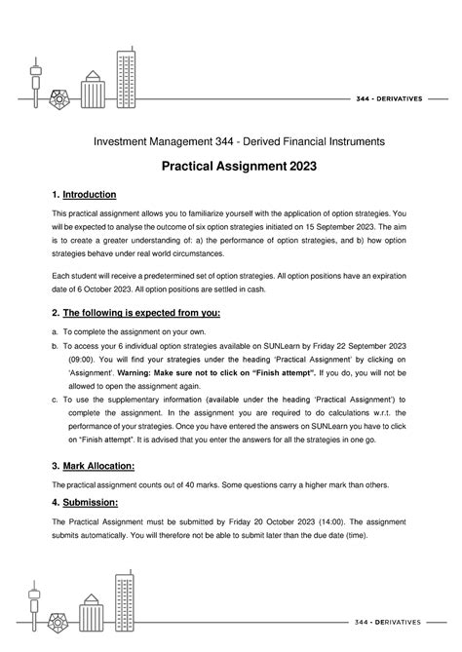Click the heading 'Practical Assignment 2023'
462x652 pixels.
[x=231, y=167]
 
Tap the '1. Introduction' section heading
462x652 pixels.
[x=83, y=195]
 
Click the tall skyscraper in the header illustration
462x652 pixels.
[x=127, y=70]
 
